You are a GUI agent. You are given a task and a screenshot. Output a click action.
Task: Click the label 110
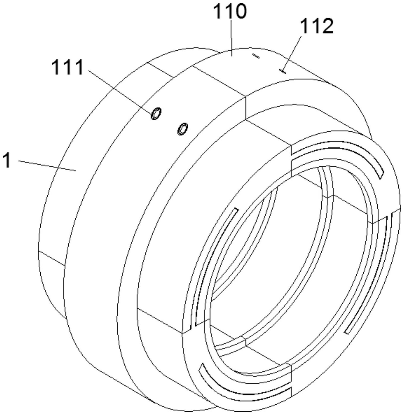tap(230, 12)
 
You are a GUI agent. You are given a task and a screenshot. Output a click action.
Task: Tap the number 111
tap(68, 67)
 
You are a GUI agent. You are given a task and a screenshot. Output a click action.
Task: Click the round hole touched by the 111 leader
tap(156, 114)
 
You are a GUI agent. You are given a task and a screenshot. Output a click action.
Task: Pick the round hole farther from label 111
tap(183, 129)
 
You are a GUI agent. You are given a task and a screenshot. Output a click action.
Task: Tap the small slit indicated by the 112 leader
tap(283, 72)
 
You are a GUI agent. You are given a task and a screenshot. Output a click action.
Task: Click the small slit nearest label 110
tap(256, 56)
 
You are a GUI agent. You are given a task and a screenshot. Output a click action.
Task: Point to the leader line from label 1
tap(48, 165)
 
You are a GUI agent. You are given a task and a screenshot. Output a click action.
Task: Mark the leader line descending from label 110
tap(231, 36)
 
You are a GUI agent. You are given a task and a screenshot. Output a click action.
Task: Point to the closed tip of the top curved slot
tap(380, 175)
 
